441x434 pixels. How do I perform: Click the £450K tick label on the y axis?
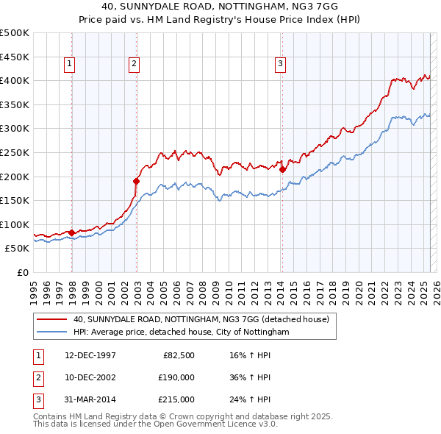[15, 57]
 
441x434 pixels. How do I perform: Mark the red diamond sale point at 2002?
[137, 180]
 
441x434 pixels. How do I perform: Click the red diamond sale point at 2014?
[282, 168]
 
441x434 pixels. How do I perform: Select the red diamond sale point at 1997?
[71, 232]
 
